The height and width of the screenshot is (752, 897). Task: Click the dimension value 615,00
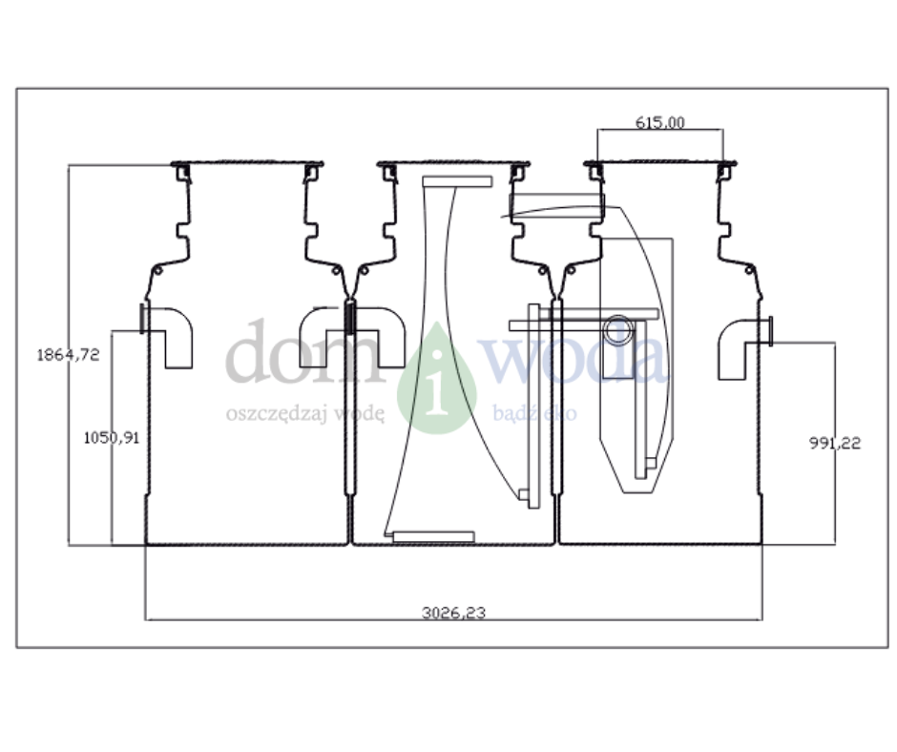tap(659, 122)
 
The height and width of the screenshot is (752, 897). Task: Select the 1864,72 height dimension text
tap(68, 355)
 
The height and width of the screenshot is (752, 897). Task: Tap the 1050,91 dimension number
tap(112, 438)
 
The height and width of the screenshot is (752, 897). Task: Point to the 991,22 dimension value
tap(835, 443)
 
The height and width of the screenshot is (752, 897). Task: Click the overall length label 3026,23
tap(453, 613)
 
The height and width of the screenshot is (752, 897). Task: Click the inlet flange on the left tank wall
tap(142, 318)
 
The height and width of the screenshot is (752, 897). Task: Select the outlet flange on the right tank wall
tap(770, 331)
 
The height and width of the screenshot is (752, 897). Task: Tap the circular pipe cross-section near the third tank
tap(618, 330)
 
